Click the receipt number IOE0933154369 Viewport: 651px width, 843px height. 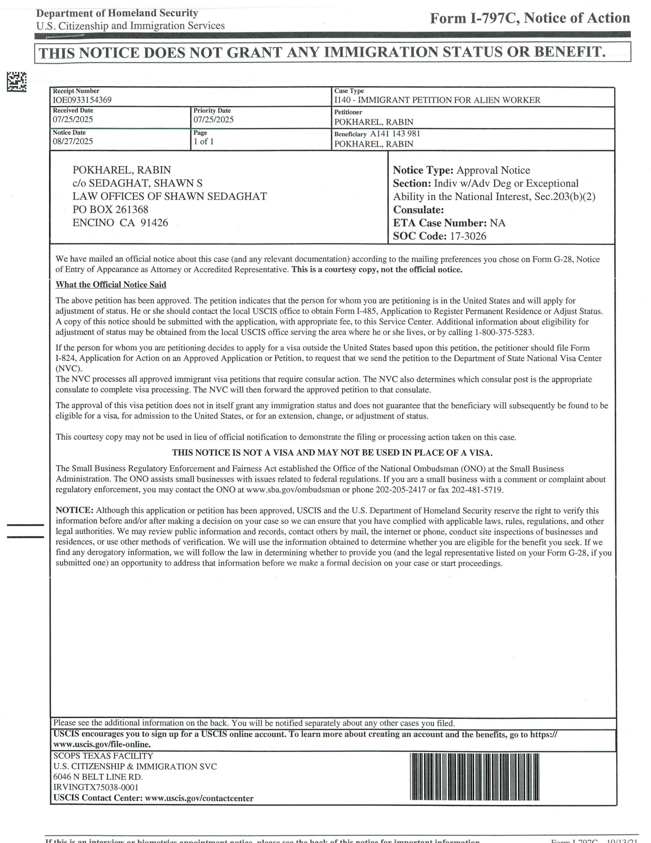(82, 100)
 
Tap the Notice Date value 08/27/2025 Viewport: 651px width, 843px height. (73, 141)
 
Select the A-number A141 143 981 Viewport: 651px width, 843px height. (395, 134)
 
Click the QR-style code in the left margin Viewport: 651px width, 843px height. (16, 82)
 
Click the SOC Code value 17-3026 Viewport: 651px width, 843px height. (468, 236)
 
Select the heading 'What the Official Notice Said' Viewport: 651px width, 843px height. (111, 285)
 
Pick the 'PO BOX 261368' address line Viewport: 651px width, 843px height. (110, 209)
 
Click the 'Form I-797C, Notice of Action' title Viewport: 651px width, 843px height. (530, 18)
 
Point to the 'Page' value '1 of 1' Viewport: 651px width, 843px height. (203, 142)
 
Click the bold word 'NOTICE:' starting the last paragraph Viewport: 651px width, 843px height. (74, 510)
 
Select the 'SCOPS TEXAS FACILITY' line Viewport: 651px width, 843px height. (103, 756)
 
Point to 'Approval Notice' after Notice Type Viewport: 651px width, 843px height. (493, 170)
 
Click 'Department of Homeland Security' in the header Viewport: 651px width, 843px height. (117, 14)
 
